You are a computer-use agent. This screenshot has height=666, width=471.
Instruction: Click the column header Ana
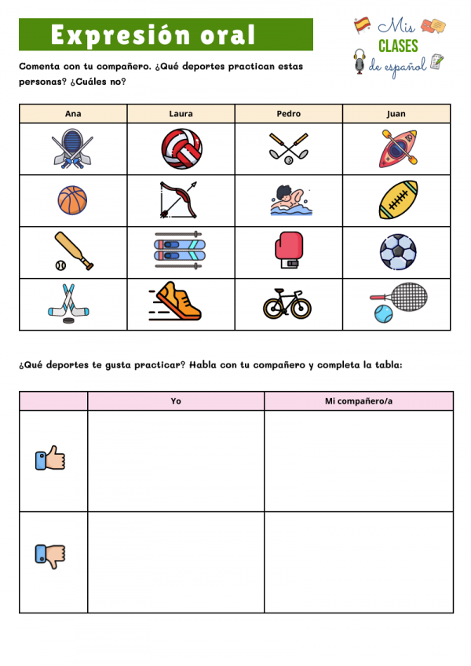73,114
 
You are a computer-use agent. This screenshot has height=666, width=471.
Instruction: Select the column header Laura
181,114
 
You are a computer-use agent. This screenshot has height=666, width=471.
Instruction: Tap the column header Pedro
288,114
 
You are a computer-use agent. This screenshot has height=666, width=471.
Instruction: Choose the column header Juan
396,114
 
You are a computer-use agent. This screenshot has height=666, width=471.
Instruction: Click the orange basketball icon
72,199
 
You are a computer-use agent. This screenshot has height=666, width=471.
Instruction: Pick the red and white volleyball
181,149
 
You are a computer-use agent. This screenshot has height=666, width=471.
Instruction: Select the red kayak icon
397,149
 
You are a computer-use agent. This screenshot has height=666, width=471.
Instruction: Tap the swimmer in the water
287,200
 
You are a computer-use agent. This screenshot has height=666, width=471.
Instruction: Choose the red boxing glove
287,251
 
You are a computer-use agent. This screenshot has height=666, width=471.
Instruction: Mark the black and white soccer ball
396,252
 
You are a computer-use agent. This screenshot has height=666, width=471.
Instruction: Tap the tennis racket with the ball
397,303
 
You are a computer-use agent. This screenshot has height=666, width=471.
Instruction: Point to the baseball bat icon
73,251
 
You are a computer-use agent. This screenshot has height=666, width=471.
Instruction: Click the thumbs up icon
50,459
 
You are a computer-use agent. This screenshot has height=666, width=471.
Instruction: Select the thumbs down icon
50,556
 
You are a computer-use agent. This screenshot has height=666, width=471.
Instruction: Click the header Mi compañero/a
359,401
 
